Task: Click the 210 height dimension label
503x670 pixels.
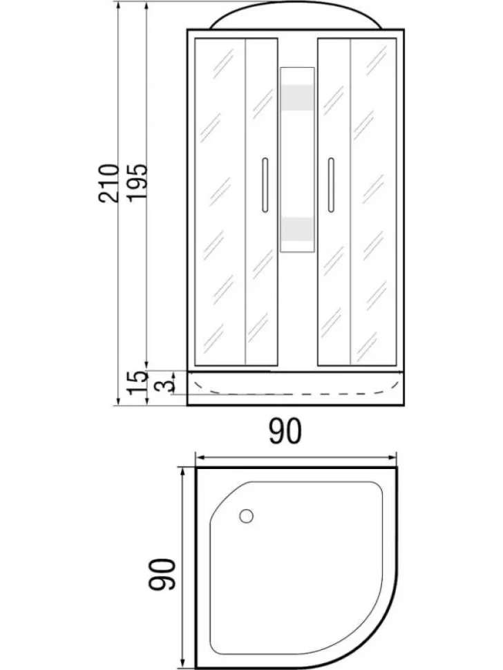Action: (108, 182)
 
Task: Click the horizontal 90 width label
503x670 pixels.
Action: (285, 431)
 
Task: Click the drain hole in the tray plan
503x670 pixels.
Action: (246, 516)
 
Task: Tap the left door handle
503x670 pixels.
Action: (265, 185)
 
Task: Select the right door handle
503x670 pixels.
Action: (331, 185)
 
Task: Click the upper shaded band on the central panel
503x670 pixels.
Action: (297, 98)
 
